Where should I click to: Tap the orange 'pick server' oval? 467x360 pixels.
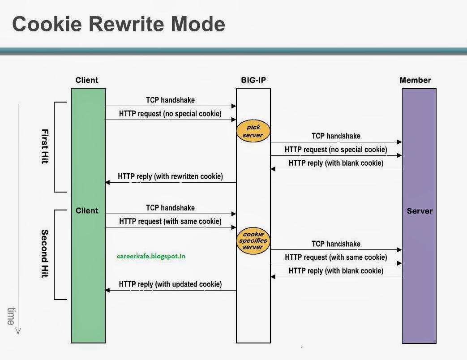click(x=253, y=131)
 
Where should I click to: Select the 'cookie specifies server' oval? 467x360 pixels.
click(x=253, y=240)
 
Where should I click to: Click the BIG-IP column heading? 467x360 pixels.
click(x=253, y=80)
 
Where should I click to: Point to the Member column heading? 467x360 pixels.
click(x=415, y=80)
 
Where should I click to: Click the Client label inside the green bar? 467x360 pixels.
click(x=87, y=210)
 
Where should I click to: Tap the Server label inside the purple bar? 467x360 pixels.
click(x=420, y=210)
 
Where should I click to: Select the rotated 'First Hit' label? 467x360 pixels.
click(x=45, y=146)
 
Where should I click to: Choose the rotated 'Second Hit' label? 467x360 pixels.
click(x=45, y=253)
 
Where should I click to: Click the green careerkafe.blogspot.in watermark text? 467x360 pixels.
click(x=150, y=256)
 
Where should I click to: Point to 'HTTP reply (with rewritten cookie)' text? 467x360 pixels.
click(x=170, y=176)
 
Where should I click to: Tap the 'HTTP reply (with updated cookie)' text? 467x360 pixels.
click(x=170, y=284)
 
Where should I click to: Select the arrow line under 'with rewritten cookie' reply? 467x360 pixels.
click(x=170, y=183)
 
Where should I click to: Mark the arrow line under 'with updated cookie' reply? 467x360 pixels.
click(x=170, y=290)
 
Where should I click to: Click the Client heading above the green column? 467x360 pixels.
click(x=87, y=80)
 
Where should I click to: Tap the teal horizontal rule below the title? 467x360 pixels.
click(x=233, y=51)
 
